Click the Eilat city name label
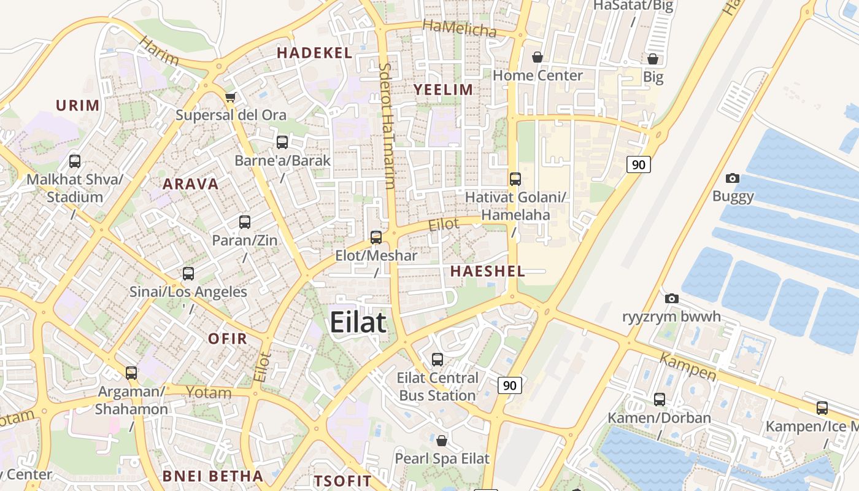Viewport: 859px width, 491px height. (358, 323)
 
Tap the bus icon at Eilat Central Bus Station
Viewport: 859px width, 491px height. (437, 359)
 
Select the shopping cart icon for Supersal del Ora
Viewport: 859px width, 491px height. (231, 97)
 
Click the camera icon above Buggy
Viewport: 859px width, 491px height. (732, 179)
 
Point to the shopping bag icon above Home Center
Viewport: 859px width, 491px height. (537, 57)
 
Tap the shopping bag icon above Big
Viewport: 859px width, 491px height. (653, 59)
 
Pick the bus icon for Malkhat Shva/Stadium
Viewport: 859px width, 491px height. (75, 161)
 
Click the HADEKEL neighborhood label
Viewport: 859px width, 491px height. (314, 53)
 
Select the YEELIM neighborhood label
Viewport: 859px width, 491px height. (443, 90)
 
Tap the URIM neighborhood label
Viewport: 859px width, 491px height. (78, 106)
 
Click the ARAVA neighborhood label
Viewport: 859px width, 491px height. (191, 184)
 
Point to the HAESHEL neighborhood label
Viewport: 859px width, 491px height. (488, 271)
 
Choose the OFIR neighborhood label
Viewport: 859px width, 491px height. (227, 339)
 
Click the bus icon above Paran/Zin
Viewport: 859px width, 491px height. (245, 222)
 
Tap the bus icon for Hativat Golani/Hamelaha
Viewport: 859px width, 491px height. (515, 179)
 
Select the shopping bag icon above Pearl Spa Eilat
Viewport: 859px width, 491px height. (442, 440)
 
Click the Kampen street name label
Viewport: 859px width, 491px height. (688, 367)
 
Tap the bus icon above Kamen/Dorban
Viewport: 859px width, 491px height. (660, 400)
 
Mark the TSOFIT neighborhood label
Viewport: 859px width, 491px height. (343, 481)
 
